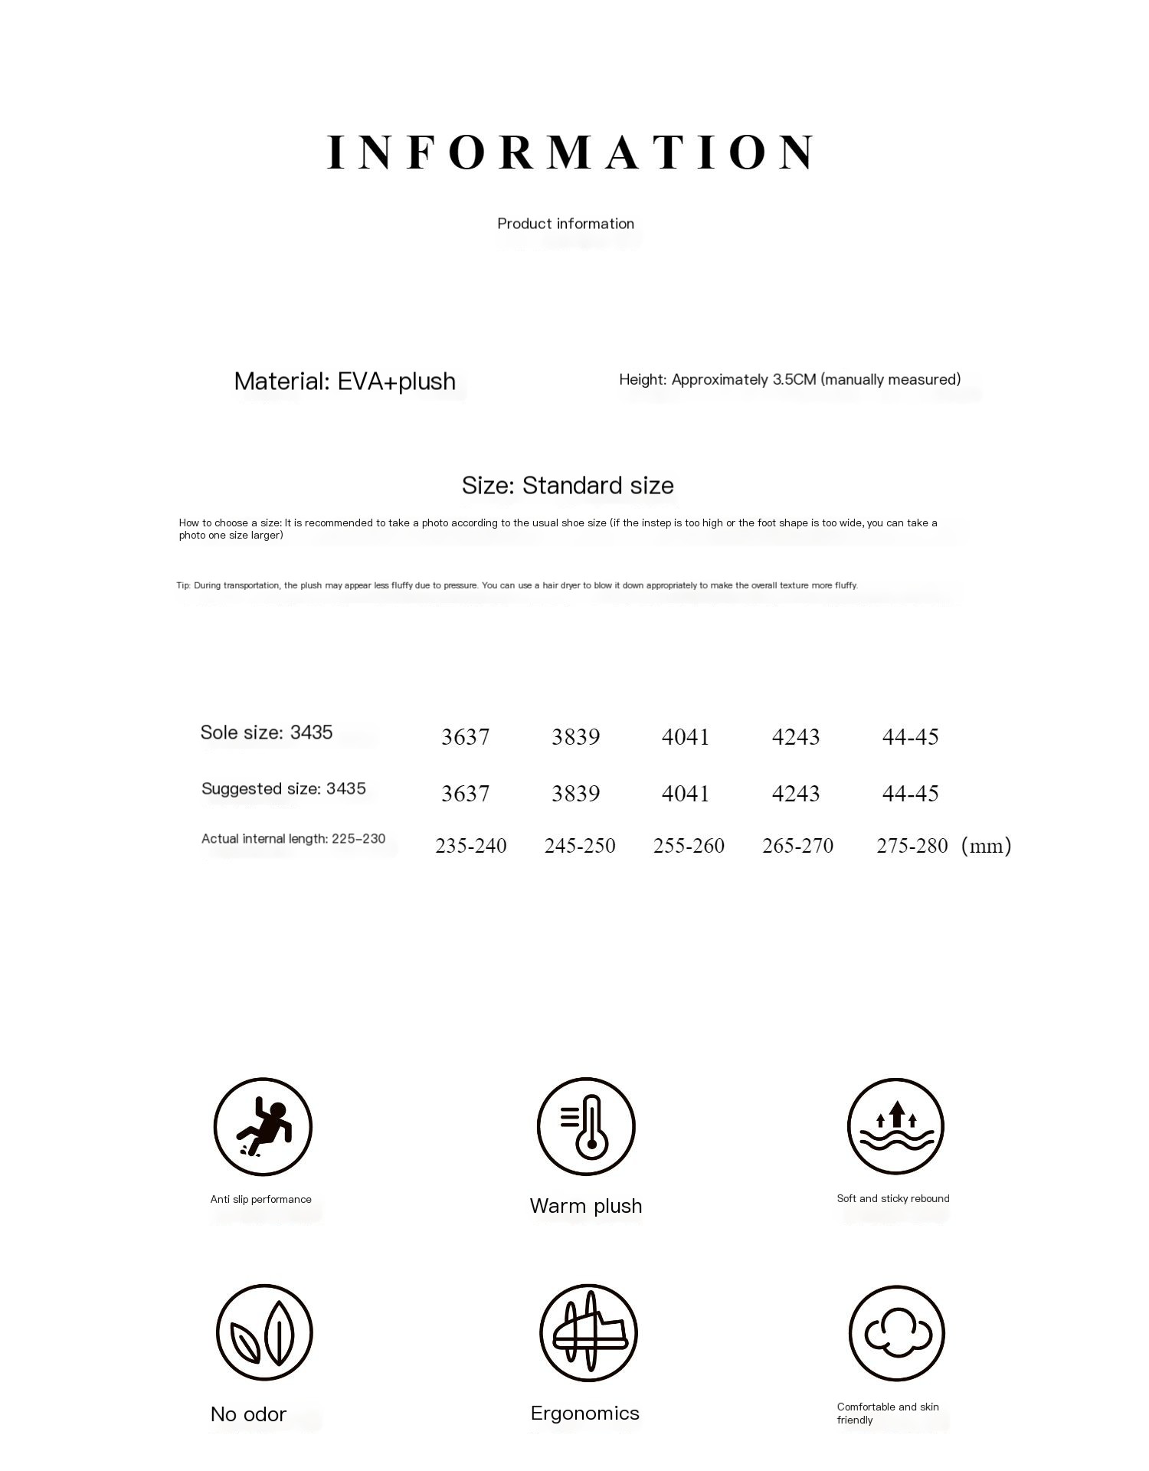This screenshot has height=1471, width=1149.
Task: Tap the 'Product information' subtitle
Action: click(x=566, y=224)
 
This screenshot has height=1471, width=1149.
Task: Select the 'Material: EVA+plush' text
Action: click(x=345, y=381)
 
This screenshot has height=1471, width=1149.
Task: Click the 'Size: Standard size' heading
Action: click(x=568, y=485)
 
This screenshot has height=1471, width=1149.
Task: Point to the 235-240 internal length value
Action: click(x=470, y=846)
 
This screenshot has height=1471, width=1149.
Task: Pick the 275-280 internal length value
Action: click(x=912, y=846)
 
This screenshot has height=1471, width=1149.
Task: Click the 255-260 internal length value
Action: click(x=689, y=846)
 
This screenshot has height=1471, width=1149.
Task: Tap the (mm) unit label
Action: click(x=986, y=846)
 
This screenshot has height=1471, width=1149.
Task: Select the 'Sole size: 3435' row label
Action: click(x=267, y=732)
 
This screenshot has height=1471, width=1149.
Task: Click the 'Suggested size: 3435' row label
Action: click(x=283, y=788)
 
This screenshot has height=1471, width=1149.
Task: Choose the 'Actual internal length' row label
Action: click(x=293, y=839)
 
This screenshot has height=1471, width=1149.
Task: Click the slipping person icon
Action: click(x=263, y=1126)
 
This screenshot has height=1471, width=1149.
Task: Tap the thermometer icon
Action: click(x=586, y=1126)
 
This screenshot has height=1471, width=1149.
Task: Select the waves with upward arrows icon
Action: click(x=895, y=1126)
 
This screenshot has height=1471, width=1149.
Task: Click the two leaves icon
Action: click(x=264, y=1333)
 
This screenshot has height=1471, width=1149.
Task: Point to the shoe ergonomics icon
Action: click(x=588, y=1333)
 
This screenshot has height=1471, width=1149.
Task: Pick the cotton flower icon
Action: click(x=897, y=1333)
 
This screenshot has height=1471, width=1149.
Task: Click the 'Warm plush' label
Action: click(x=586, y=1206)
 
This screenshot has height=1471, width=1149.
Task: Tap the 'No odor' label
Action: click(x=248, y=1414)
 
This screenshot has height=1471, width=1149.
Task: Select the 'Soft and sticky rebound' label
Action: click(x=893, y=1198)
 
